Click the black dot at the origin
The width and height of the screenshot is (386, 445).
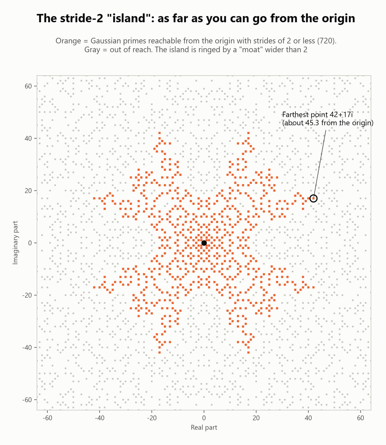(204, 243)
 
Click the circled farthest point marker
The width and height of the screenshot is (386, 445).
(314, 198)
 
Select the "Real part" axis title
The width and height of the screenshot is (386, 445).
(204, 427)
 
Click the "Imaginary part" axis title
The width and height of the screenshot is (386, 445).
(16, 243)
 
